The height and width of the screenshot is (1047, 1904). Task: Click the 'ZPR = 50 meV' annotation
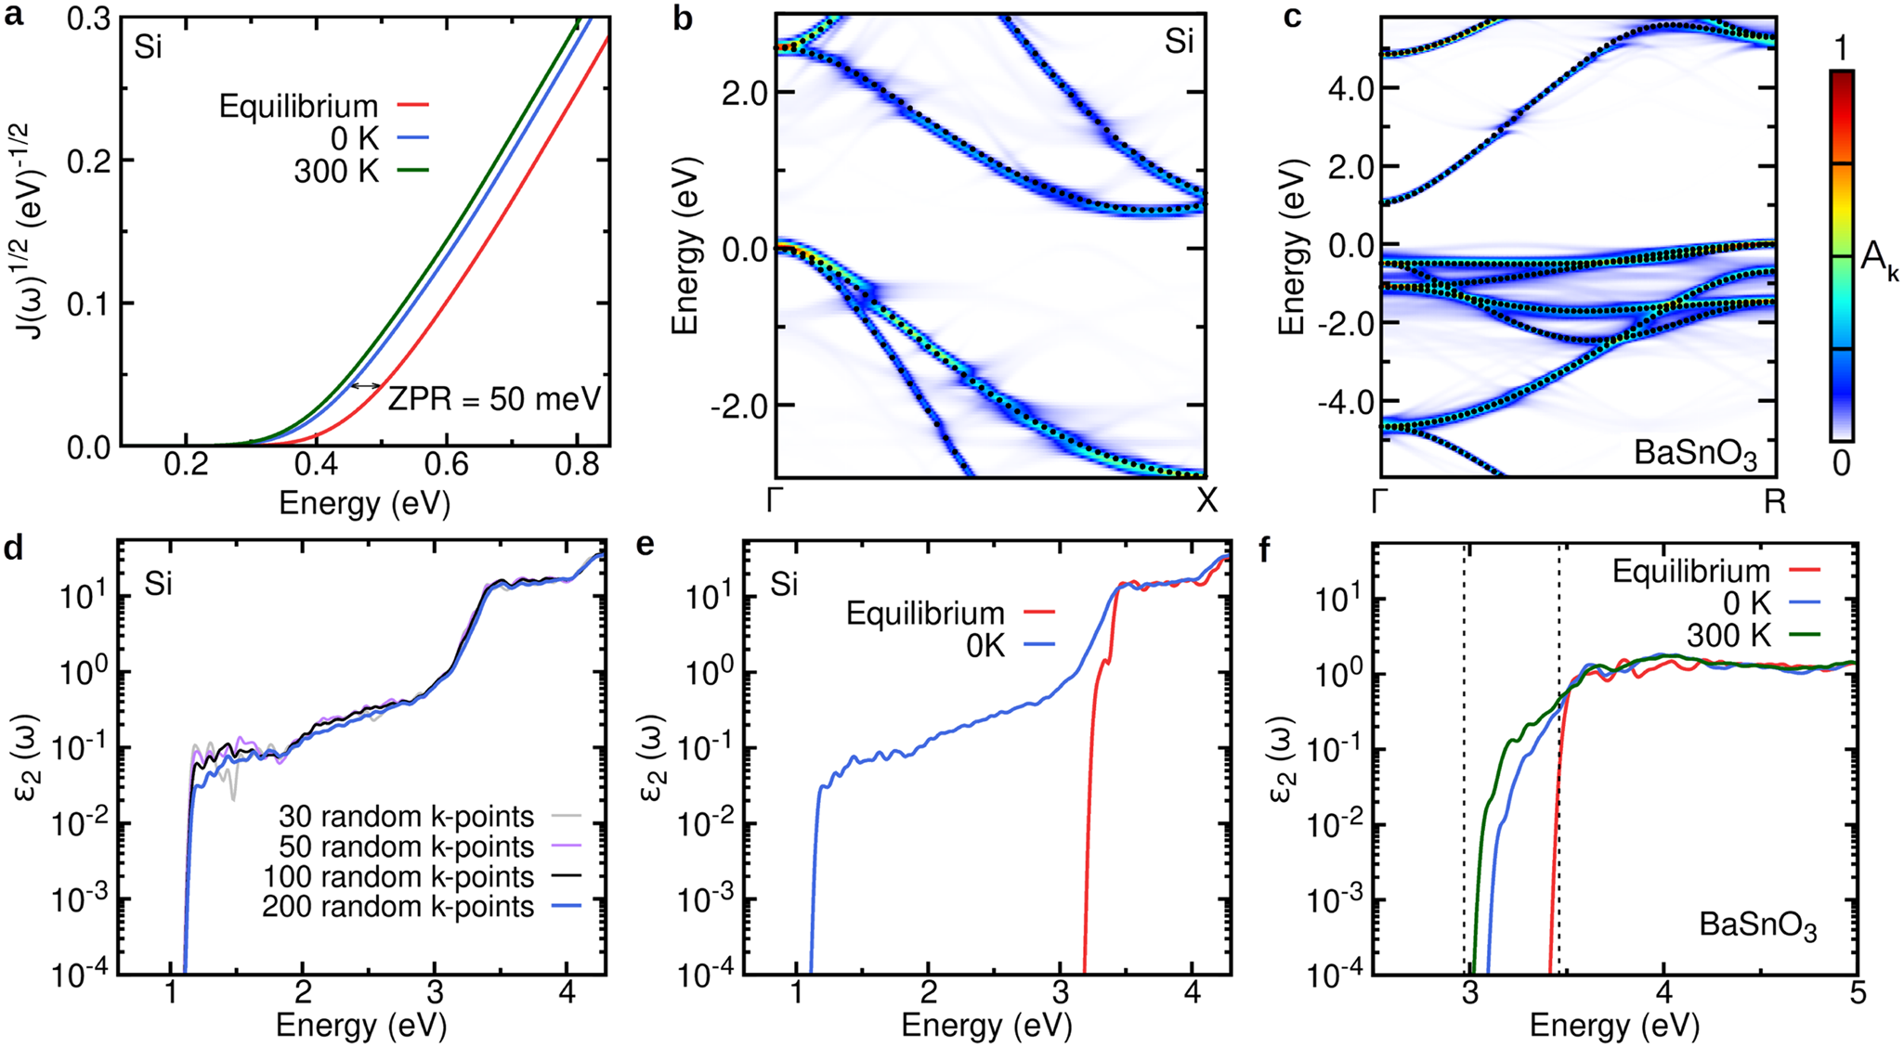[494, 399]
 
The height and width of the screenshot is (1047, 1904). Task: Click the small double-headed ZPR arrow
[366, 385]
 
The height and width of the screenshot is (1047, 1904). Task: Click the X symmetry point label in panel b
[1206, 501]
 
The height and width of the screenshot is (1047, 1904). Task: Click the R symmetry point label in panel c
[1775, 502]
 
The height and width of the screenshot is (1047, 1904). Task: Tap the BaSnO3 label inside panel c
[1696, 455]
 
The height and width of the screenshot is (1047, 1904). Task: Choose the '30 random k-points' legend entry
[406, 817]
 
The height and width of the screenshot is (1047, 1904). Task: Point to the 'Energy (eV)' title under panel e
[987, 1027]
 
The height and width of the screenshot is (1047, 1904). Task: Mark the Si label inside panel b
[1179, 42]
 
